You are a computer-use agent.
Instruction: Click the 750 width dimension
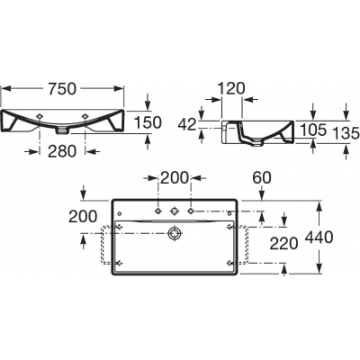point(62,88)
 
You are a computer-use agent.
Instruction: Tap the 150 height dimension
point(148,122)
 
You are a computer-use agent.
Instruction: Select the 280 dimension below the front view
point(62,151)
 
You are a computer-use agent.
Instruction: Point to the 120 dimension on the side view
point(231,88)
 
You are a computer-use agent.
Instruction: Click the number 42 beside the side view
point(187,124)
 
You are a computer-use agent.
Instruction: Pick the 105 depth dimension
point(312,130)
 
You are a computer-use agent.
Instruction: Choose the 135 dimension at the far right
point(346,133)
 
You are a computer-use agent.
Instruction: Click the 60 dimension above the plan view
point(262,178)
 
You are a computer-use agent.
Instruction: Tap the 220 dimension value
point(283,243)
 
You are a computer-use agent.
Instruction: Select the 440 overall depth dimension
point(319,238)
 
